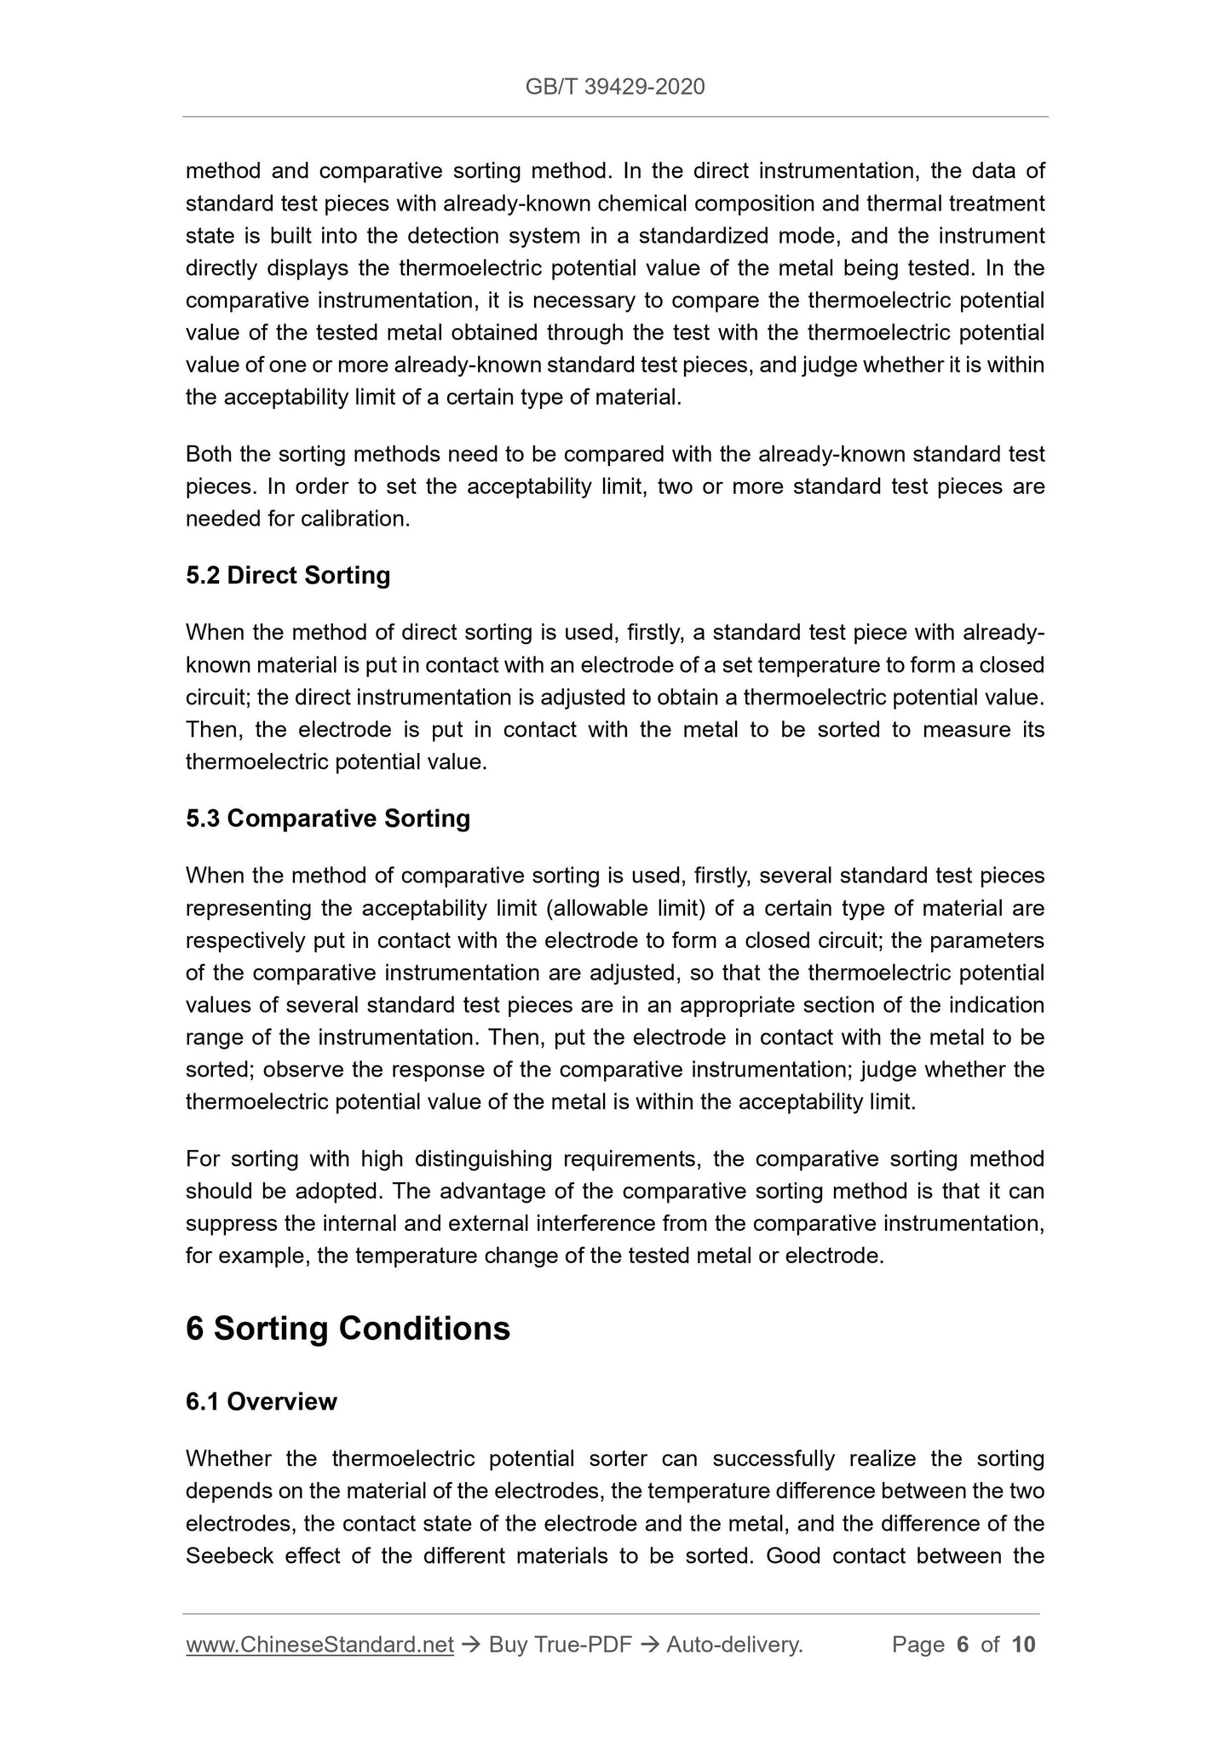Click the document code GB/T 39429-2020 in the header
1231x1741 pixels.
pyautogui.click(x=615, y=87)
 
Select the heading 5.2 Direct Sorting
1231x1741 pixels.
pyautogui.click(x=288, y=576)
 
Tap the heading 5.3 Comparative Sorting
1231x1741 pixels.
pyautogui.click(x=328, y=819)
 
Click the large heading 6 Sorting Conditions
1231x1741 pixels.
pyautogui.click(x=348, y=1329)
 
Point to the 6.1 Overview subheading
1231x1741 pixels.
pyautogui.click(x=261, y=1402)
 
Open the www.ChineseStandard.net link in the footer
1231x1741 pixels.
pyautogui.click(x=319, y=1645)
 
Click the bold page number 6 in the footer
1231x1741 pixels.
pyautogui.click(x=963, y=1645)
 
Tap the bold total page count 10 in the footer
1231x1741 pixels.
pyautogui.click(x=1023, y=1645)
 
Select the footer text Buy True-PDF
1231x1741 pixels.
pyautogui.click(x=560, y=1645)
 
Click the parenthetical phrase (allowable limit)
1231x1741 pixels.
pyautogui.click(x=625, y=909)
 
